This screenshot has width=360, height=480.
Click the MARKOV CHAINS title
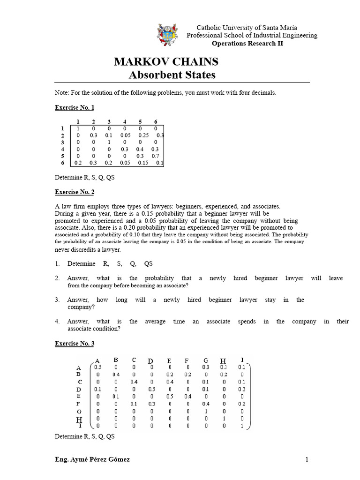tap(166, 62)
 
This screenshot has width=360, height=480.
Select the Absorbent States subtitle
tap(172, 75)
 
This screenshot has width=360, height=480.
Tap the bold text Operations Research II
tap(247, 44)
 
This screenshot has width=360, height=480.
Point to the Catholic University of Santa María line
tap(246, 28)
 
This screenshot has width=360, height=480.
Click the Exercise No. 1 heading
tap(75, 107)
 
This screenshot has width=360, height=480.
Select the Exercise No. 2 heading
tap(75, 192)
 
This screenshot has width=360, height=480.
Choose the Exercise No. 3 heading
tap(75, 344)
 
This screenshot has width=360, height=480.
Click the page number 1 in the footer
tap(307, 460)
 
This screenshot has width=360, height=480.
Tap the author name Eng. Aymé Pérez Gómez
tap(92, 460)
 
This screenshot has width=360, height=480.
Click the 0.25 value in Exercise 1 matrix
tap(143, 135)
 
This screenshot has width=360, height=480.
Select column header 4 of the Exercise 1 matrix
tap(125, 121)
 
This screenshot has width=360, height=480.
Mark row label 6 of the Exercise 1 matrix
tap(62, 162)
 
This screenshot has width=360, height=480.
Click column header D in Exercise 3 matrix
tap(150, 360)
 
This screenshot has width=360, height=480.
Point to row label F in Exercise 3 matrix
tap(78, 404)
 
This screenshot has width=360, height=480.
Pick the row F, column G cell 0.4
tap(205, 404)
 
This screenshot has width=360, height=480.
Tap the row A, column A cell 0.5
tap(97, 367)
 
